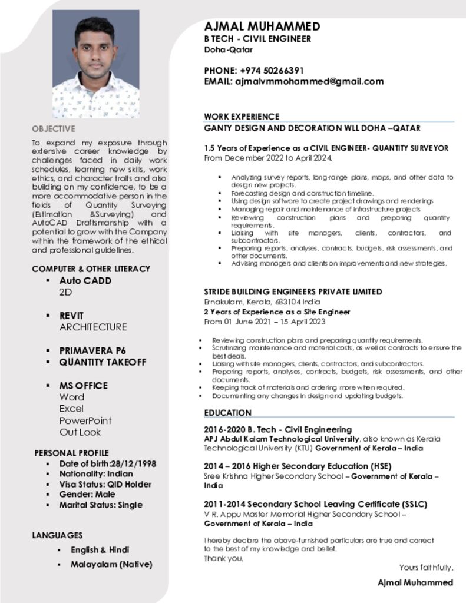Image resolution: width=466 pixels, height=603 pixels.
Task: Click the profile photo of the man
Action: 95,64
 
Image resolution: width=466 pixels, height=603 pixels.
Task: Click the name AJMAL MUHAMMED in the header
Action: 262,26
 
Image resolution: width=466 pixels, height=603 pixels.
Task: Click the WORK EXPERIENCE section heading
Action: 242,117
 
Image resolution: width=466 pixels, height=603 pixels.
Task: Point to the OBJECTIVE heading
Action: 54,128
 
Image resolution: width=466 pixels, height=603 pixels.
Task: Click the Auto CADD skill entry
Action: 85,281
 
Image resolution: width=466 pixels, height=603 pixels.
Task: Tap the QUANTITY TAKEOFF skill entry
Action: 103,362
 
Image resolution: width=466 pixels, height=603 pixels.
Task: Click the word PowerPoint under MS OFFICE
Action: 85,420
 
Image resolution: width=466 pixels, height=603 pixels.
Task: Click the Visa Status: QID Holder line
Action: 105,484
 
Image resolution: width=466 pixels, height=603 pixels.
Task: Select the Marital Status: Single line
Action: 101,505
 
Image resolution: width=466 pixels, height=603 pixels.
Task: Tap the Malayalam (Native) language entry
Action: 111,564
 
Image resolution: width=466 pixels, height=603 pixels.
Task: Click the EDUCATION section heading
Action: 228,413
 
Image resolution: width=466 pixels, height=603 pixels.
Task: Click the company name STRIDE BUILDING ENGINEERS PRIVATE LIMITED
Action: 293,291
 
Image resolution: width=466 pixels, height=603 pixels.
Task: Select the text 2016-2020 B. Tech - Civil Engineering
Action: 277,429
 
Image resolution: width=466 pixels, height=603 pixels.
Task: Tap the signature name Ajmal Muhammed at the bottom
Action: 415,582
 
